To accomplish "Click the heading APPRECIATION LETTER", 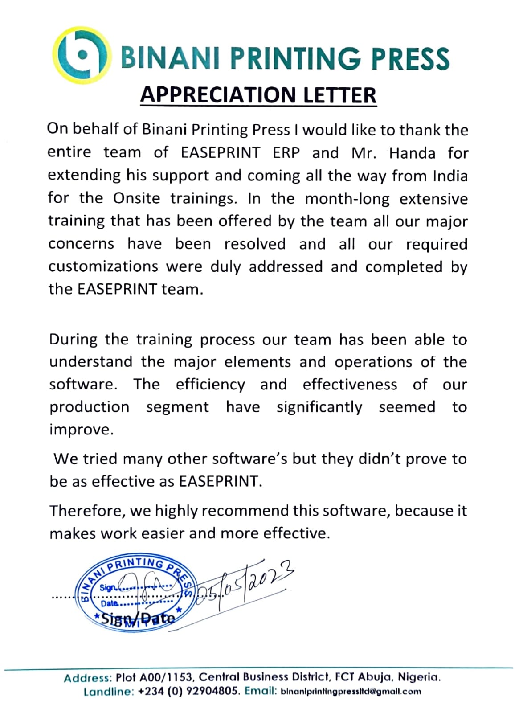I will point(258,95).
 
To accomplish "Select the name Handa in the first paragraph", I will point(412,153).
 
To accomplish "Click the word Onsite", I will point(136,198).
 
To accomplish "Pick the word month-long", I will point(347,198).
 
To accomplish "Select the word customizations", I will point(103,266).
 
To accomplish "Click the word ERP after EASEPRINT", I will point(286,153).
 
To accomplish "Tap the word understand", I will point(90,361).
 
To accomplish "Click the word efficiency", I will point(210,385).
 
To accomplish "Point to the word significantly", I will point(319,407).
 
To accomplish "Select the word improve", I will point(81,430).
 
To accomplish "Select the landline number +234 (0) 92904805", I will point(189,692).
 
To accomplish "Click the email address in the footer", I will point(351,692).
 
